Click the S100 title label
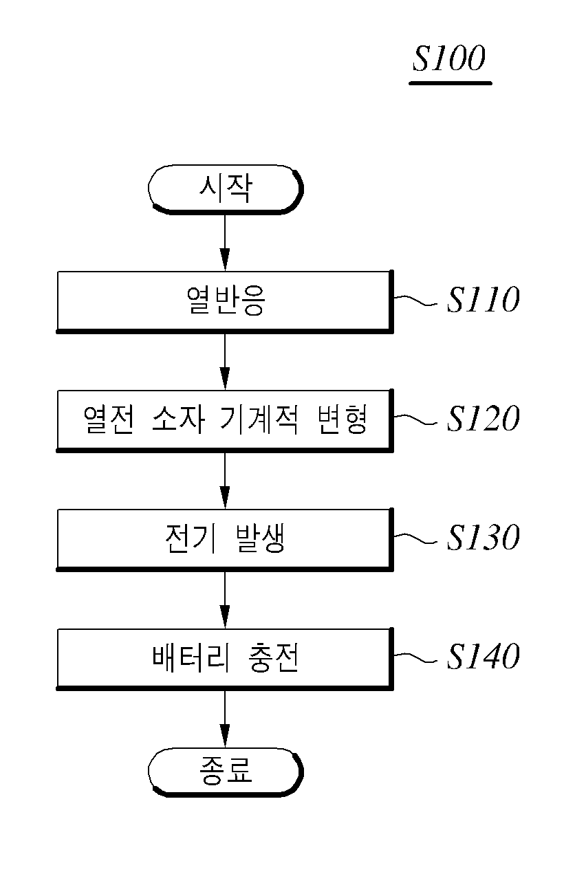pyautogui.click(x=449, y=58)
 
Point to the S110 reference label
pyautogui.click(x=484, y=300)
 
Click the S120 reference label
pyautogui.click(x=484, y=419)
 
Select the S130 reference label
pyautogui.click(x=484, y=538)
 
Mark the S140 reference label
pyautogui.click(x=484, y=657)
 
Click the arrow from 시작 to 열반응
pyautogui.click(x=225, y=242)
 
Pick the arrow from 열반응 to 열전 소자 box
pyautogui.click(x=225, y=362)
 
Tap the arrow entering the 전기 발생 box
pyautogui.click(x=225, y=481)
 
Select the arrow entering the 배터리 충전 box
pyautogui.click(x=225, y=600)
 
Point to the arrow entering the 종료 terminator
pyautogui.click(x=225, y=719)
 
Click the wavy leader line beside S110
pyautogui.click(x=415, y=301)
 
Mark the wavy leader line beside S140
pyautogui.click(x=415, y=657)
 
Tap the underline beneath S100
pyautogui.click(x=451, y=83)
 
